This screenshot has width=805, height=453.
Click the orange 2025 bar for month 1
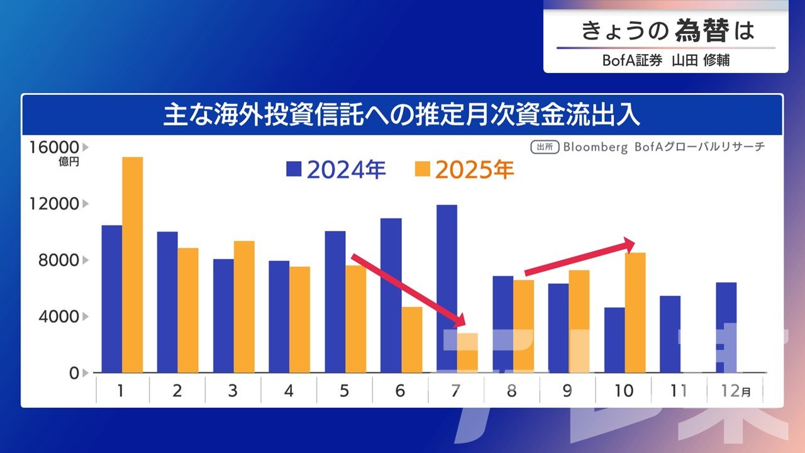tap(132, 264)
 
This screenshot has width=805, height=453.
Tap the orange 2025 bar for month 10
tap(635, 313)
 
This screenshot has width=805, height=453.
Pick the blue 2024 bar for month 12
tap(726, 327)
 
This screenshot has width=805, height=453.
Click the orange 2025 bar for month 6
tap(412, 340)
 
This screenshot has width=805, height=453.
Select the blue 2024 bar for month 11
tap(670, 334)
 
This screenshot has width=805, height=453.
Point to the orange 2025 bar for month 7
tap(467, 353)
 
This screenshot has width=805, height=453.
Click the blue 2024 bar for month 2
tap(167, 302)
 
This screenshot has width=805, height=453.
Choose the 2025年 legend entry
tap(465, 170)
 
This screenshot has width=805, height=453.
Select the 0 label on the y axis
tap(74, 372)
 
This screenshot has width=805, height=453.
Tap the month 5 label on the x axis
tap(343, 391)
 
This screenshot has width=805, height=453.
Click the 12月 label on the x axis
tap(734, 391)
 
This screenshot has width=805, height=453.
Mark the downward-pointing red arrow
tap(409, 291)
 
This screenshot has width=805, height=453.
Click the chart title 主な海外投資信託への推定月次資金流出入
tap(402, 116)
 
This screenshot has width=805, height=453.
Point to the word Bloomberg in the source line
tap(596, 147)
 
